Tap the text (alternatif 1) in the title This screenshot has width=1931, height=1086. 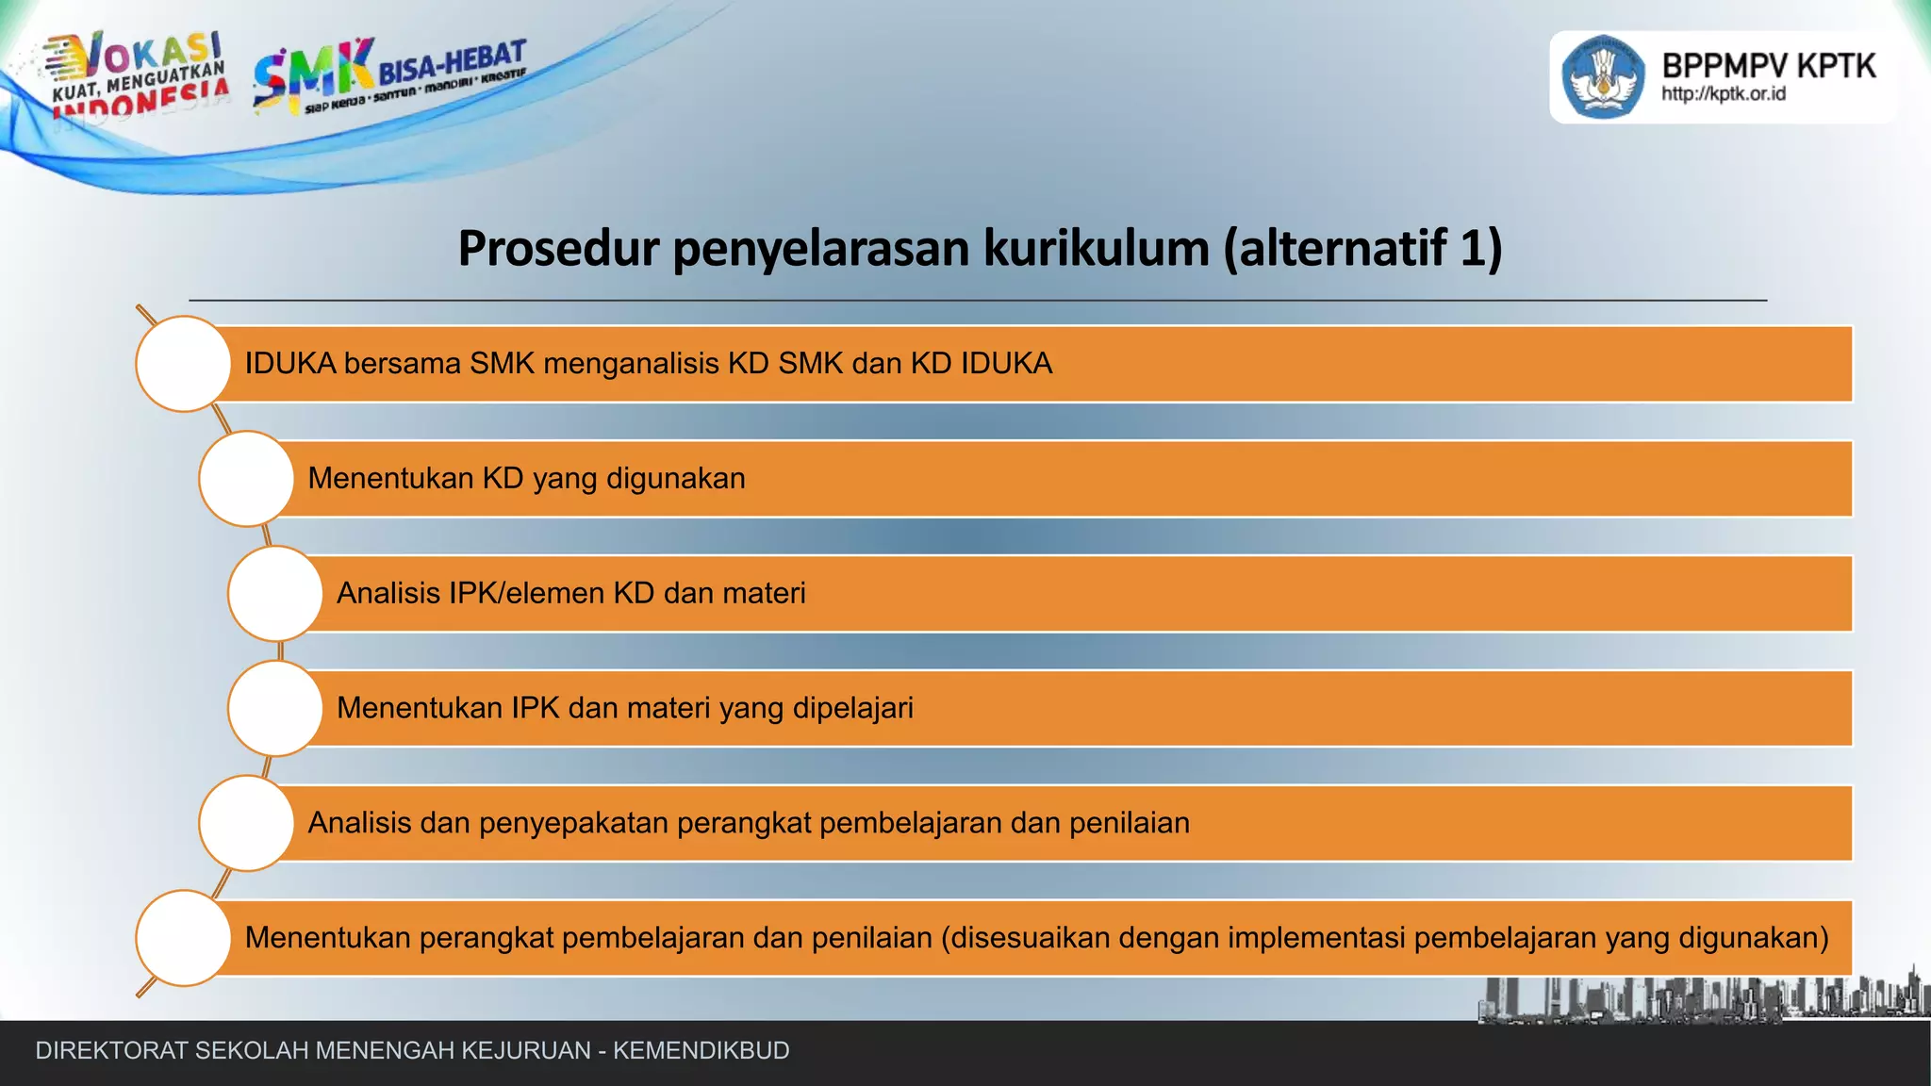(x=1362, y=249)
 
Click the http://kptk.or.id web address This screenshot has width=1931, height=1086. (x=1723, y=94)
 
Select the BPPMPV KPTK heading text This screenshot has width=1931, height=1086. (x=1768, y=66)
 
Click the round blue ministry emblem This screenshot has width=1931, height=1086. (x=1604, y=77)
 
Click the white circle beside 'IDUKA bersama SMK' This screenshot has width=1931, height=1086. (x=183, y=364)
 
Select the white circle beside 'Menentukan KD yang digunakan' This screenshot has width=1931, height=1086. (x=246, y=479)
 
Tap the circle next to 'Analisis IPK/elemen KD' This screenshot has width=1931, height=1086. (x=275, y=594)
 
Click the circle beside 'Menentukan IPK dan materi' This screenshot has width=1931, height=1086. (x=275, y=709)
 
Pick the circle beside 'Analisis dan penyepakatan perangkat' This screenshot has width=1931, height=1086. (x=246, y=823)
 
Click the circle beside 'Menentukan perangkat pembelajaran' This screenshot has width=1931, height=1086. (x=183, y=938)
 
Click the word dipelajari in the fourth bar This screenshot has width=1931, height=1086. (x=852, y=709)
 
